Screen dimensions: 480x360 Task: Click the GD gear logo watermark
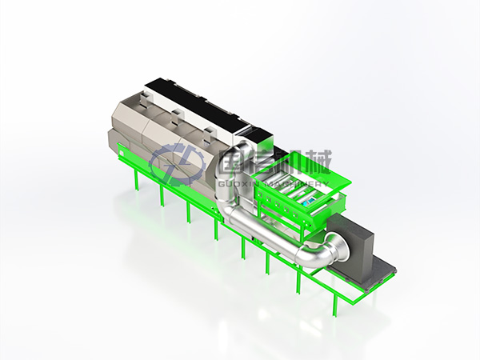click(176, 164)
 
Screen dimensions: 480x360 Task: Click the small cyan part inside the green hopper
click(308, 202)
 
